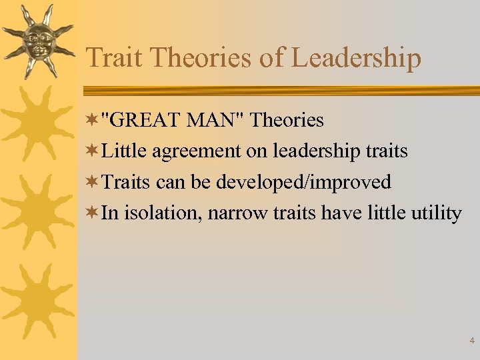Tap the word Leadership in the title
(357, 58)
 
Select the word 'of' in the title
(272, 58)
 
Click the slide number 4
(472, 341)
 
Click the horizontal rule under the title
(280, 90)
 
